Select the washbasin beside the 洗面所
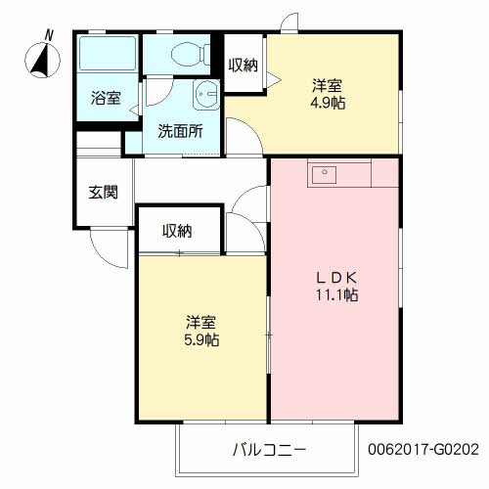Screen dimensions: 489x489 click(x=205, y=95)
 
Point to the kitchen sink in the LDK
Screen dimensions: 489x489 click(x=324, y=176)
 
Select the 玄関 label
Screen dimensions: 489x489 click(x=104, y=192)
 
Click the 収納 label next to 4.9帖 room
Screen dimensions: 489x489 click(x=244, y=66)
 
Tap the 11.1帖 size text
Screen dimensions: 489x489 click(x=335, y=294)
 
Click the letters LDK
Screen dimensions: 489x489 click(x=335, y=277)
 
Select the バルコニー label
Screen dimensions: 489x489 click(x=269, y=450)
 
